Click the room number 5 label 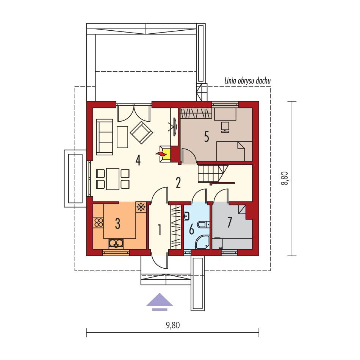[x=206, y=137]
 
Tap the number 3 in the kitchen [x=117, y=224]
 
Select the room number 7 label [x=229, y=222]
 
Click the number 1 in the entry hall [x=160, y=230]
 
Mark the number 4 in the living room [x=138, y=161]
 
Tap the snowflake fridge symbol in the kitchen [x=141, y=207]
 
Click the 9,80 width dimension [x=173, y=325]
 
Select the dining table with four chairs [x=113, y=179]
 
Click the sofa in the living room [x=104, y=137]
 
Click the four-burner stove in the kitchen [x=99, y=222]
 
